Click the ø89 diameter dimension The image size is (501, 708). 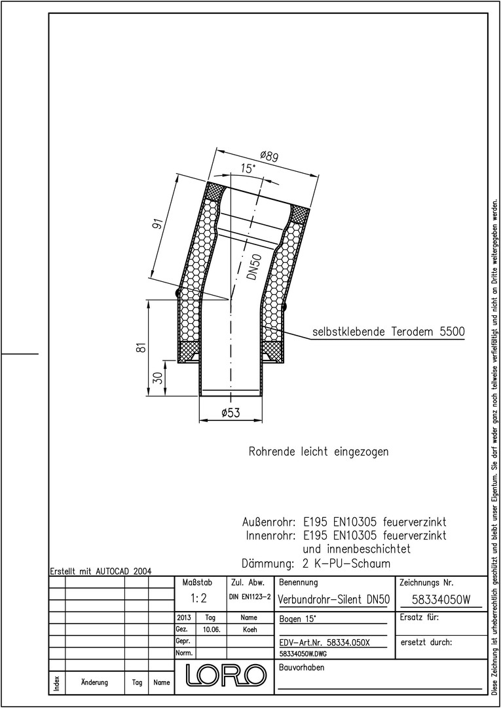pyautogui.click(x=270, y=157)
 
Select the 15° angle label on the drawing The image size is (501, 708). pyautogui.click(x=248, y=169)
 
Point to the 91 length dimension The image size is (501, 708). pyautogui.click(x=158, y=224)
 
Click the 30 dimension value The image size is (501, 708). pyautogui.click(x=157, y=378)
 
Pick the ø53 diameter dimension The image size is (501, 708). pyautogui.click(x=231, y=413)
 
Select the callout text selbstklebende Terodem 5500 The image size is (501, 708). pyautogui.click(x=388, y=332)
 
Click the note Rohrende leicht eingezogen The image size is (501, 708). pyautogui.click(x=318, y=452)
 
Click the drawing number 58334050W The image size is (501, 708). pyautogui.click(x=441, y=599)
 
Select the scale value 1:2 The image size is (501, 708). pyautogui.click(x=198, y=599)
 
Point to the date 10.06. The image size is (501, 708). pyautogui.click(x=212, y=629)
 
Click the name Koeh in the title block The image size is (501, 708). pyautogui.click(x=249, y=629)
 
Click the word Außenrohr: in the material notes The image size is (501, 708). pyautogui.click(x=269, y=523)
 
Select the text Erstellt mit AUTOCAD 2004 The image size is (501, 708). pyautogui.click(x=101, y=570)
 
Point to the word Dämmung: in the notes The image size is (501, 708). pyautogui.click(x=269, y=564)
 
